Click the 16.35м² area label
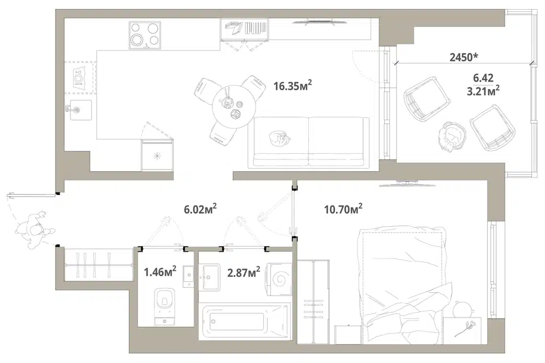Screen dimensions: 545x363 pyautogui.click(x=292, y=85)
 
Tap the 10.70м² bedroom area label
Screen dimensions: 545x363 pyautogui.click(x=343, y=209)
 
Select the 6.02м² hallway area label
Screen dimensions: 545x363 pyautogui.click(x=200, y=209)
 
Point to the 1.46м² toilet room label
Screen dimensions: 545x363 pyautogui.click(x=160, y=271)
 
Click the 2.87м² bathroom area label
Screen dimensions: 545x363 pyautogui.click(x=244, y=272)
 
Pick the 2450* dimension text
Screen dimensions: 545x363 pyautogui.click(x=464, y=57)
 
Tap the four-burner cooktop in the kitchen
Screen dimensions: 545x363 pyautogui.click(x=145, y=35)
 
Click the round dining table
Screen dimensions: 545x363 pyautogui.click(x=234, y=107)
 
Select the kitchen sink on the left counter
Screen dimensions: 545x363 pyautogui.click(x=81, y=110)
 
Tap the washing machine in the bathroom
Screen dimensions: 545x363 pyautogui.click(x=279, y=279)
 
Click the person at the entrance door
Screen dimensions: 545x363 pyautogui.click(x=35, y=230)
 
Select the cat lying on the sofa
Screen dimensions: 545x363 pyautogui.click(x=279, y=138)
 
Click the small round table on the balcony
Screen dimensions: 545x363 pyautogui.click(x=451, y=137)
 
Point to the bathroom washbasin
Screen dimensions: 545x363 pyautogui.click(x=209, y=277)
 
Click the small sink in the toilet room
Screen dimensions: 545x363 pyautogui.click(x=188, y=276)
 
